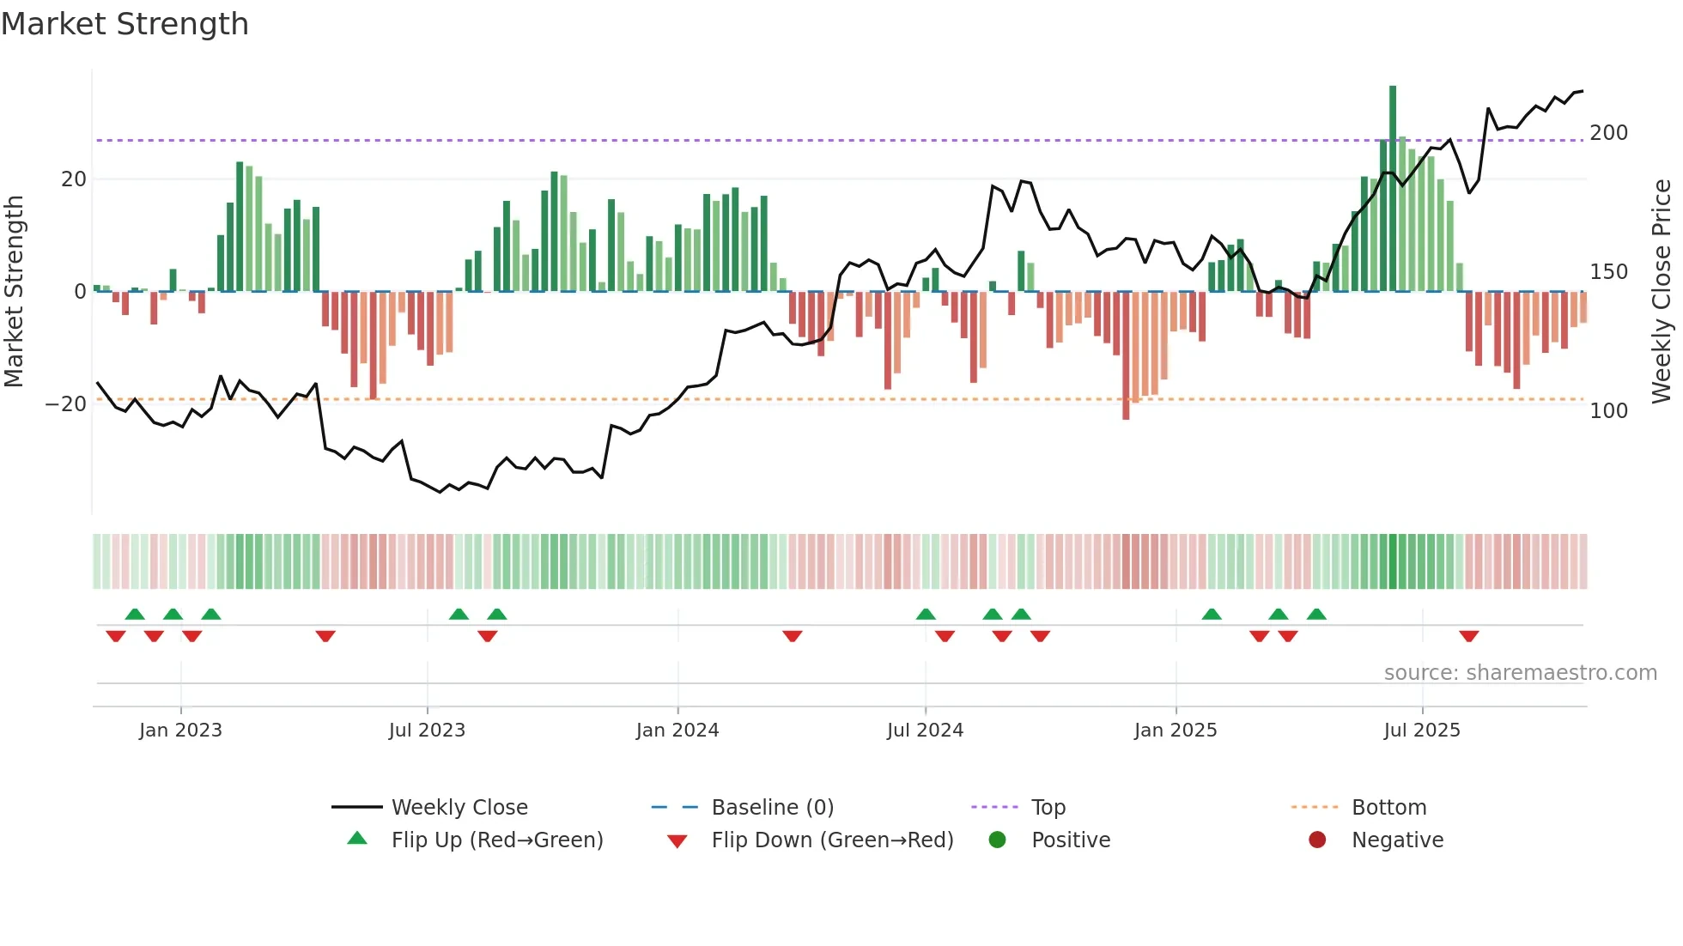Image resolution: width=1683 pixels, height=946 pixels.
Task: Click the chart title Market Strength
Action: click(x=125, y=24)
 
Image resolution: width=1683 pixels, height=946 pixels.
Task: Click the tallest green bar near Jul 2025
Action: click(x=1393, y=189)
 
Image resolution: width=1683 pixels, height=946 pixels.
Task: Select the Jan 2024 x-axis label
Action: click(x=677, y=731)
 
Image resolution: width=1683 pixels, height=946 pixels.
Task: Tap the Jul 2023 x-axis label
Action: click(x=427, y=731)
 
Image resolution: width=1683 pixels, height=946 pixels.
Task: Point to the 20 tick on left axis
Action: click(x=74, y=179)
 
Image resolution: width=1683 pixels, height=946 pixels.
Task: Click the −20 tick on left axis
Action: click(x=66, y=404)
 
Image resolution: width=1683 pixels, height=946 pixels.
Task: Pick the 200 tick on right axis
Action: click(x=1608, y=133)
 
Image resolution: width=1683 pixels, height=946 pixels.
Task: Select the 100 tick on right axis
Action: click(x=1608, y=411)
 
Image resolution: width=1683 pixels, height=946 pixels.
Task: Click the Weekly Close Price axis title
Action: click(x=1662, y=291)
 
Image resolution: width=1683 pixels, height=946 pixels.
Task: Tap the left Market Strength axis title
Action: click(x=15, y=291)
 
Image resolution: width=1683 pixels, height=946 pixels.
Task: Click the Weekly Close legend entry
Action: click(x=459, y=808)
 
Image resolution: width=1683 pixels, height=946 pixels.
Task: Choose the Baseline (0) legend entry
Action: click(x=772, y=808)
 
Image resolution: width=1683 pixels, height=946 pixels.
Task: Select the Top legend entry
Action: click(x=1048, y=808)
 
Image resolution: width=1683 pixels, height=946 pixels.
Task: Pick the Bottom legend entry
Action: click(x=1388, y=808)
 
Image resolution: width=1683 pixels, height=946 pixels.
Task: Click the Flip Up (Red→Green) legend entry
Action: click(x=497, y=840)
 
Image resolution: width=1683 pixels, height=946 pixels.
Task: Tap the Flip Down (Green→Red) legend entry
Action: click(x=832, y=840)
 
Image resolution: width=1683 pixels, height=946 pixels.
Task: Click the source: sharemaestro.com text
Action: click(x=1520, y=673)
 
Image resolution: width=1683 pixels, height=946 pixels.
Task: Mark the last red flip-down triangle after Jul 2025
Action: click(x=1468, y=636)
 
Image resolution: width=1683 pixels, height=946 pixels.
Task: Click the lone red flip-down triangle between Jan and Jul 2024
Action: click(x=792, y=636)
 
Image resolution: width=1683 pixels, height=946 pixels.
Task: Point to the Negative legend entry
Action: click(x=1397, y=840)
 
